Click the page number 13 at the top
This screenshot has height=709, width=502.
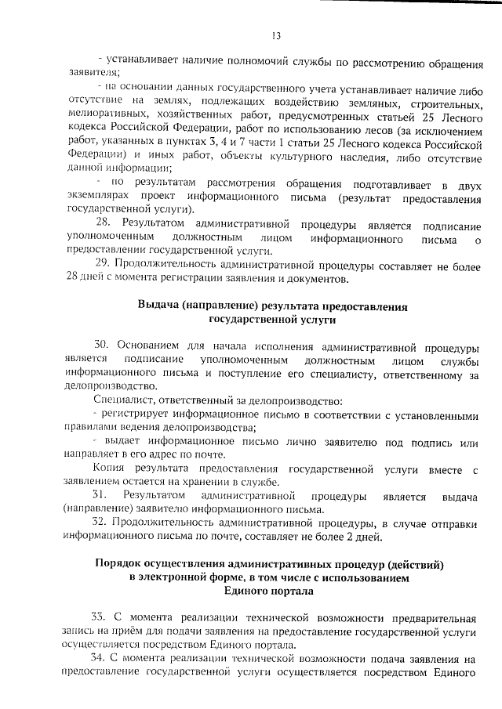pyautogui.click(x=276, y=35)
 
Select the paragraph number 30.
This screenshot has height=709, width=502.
pyautogui.click(x=102, y=345)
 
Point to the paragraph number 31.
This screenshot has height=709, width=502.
pyautogui.click(x=100, y=496)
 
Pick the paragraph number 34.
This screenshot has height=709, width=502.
pyautogui.click(x=98, y=659)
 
